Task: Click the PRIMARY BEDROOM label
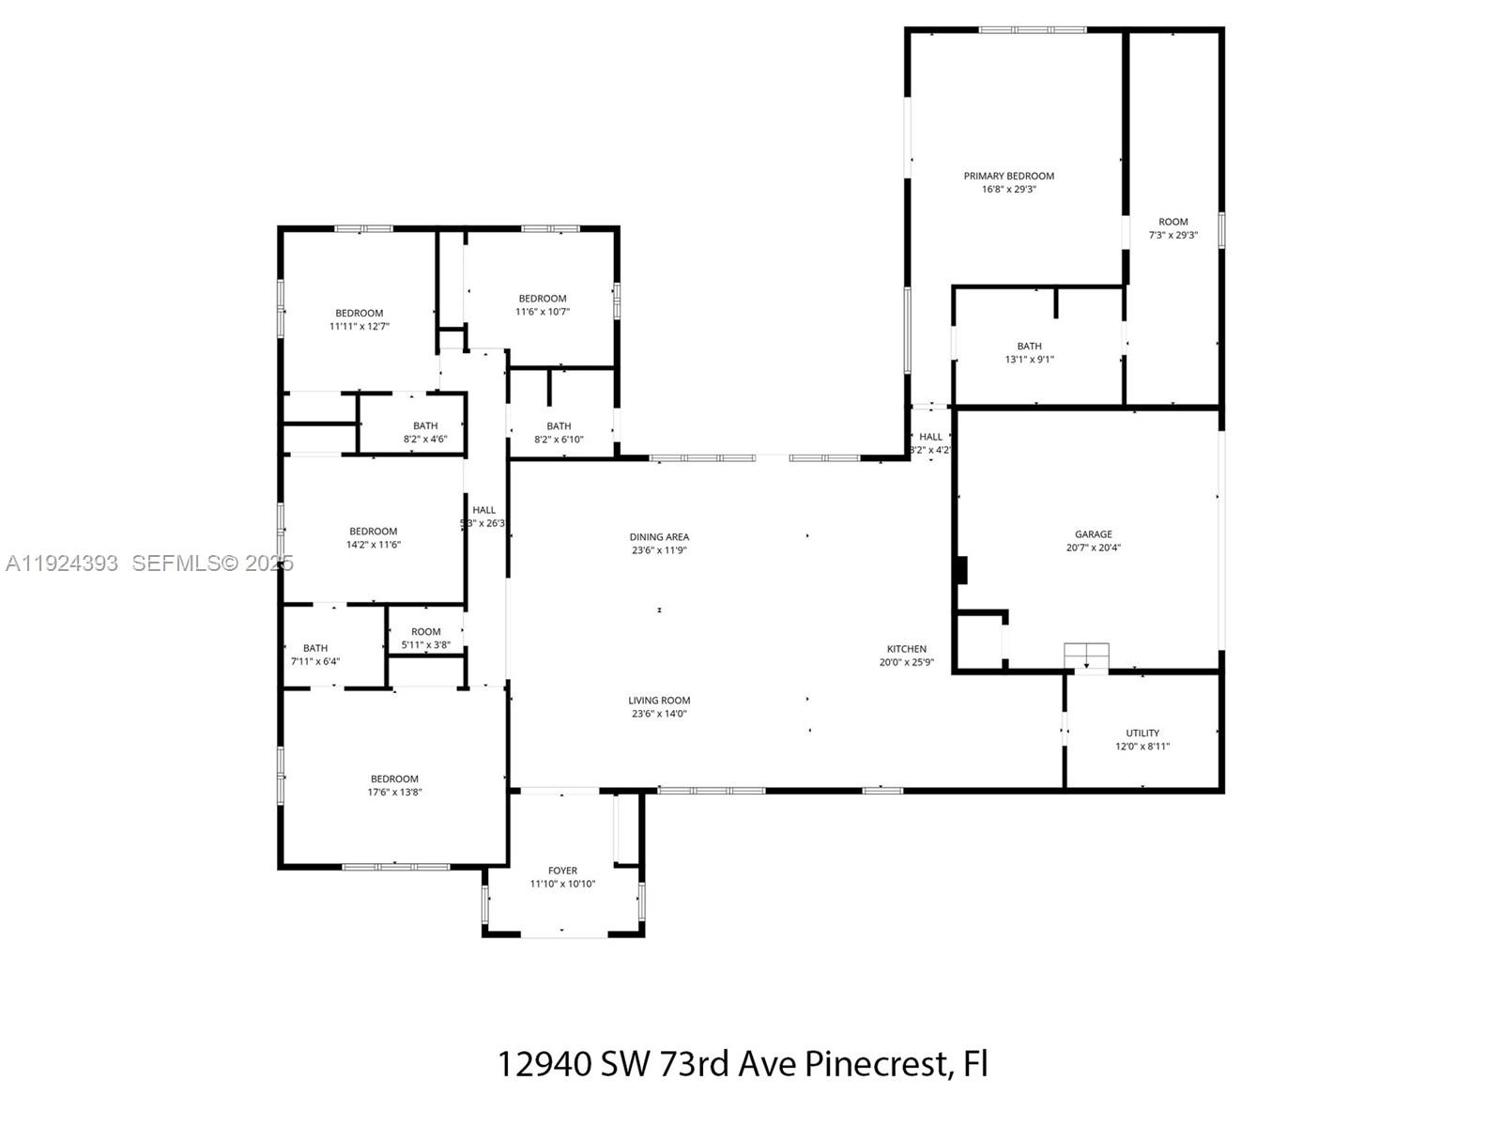coord(1008,176)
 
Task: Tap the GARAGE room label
coord(1094,534)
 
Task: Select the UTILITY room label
coord(1142,733)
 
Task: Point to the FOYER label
coord(562,871)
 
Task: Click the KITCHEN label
coord(906,649)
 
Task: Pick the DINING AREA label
coord(659,537)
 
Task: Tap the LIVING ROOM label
coord(659,701)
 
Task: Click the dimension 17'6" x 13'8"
coord(394,792)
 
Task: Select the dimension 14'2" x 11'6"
coord(374,545)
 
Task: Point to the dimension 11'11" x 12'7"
coord(359,327)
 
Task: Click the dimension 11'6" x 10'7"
coord(543,312)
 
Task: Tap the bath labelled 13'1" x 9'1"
coord(1029,347)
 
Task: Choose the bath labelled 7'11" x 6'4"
coord(315,648)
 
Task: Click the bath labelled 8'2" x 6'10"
coord(559,426)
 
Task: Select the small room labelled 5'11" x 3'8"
coord(425,632)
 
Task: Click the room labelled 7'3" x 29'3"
coord(1172,223)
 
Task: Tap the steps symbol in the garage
coord(1086,656)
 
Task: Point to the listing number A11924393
coord(62,563)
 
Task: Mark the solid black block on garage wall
coord(960,570)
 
